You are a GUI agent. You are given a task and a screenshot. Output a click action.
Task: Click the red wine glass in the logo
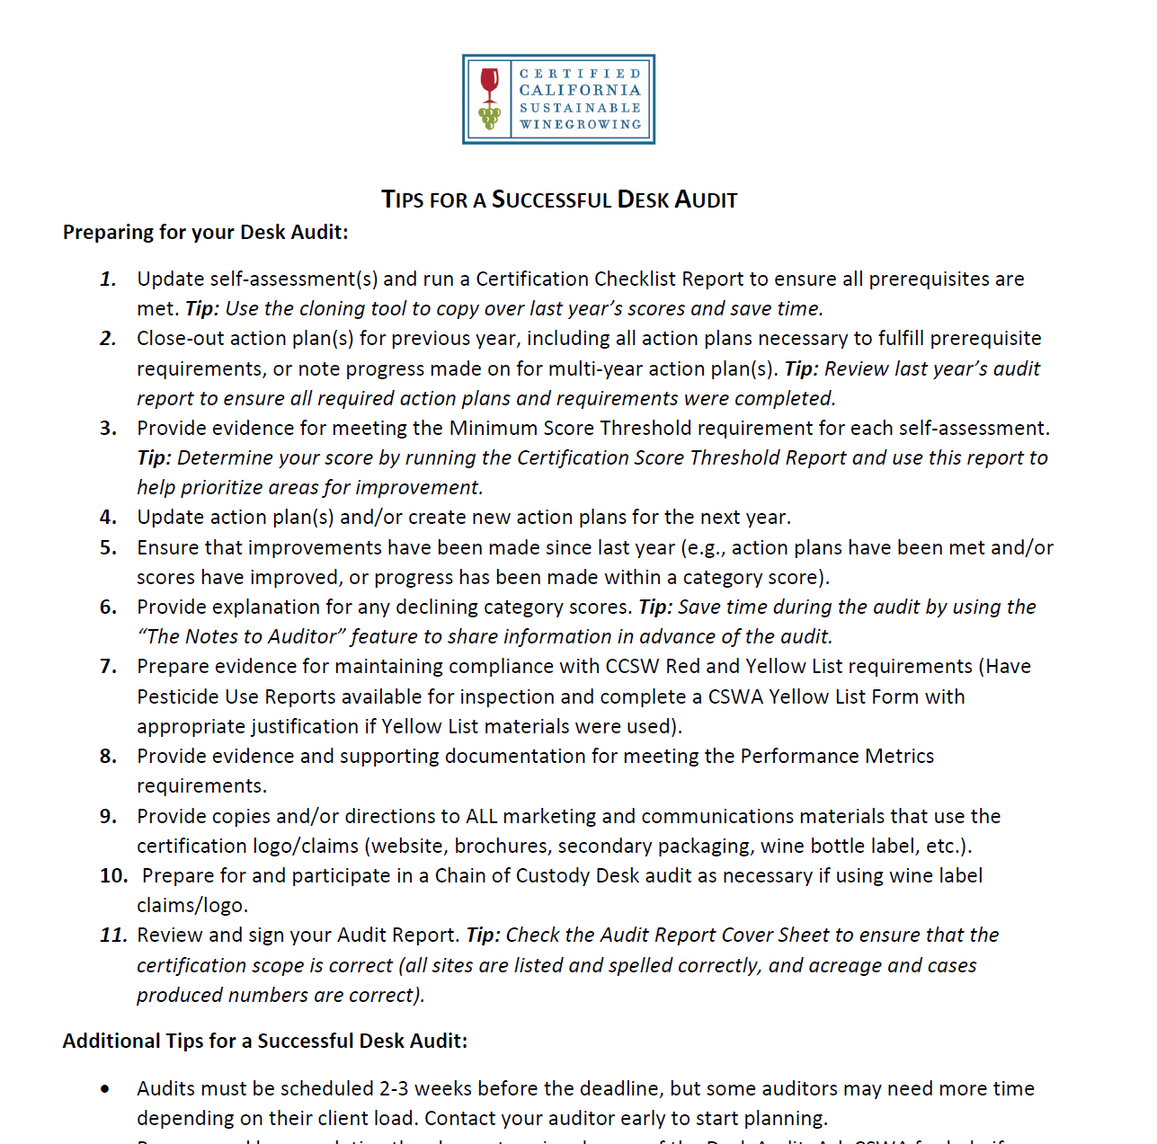(489, 84)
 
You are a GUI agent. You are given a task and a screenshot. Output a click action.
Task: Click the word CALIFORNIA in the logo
(580, 90)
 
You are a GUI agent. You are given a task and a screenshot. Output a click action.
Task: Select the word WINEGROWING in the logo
(580, 125)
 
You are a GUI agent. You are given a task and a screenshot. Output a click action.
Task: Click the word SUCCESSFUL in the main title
(552, 200)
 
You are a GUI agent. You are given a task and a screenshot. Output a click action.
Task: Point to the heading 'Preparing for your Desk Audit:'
(205, 232)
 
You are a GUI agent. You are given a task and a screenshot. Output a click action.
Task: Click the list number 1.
(108, 279)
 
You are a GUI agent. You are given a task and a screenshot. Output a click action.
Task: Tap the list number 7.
(108, 667)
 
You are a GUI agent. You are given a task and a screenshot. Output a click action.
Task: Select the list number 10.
(113, 876)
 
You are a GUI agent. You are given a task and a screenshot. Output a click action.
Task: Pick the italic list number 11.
(113, 936)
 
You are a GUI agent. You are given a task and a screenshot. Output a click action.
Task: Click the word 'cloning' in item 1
(334, 309)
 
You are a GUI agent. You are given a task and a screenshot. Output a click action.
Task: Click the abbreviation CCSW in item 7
(635, 667)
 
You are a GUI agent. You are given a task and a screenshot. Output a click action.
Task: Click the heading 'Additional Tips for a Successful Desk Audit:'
(265, 1041)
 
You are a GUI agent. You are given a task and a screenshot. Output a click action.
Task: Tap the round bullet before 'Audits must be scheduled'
(106, 1089)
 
